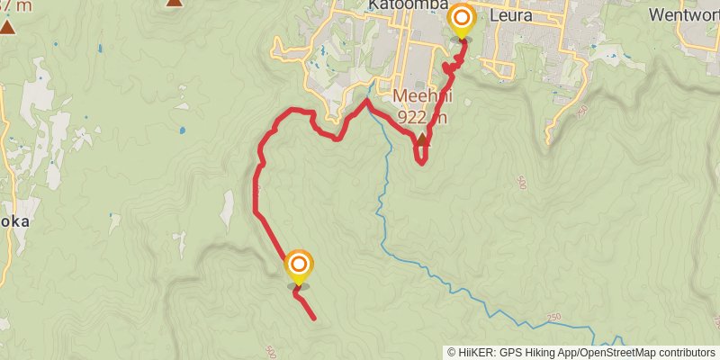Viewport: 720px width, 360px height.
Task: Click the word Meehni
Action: tap(420, 97)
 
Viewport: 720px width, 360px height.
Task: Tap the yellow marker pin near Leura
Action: tap(462, 21)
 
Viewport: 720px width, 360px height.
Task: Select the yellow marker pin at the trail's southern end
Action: tap(299, 267)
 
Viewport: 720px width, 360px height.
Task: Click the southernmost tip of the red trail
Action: tap(313, 319)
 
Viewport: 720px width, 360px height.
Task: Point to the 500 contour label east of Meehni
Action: tap(523, 183)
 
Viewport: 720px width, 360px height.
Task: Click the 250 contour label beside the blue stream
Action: tap(553, 320)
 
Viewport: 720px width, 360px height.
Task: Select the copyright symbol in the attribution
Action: tap(452, 352)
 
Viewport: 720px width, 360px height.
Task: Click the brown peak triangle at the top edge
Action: tap(174, 3)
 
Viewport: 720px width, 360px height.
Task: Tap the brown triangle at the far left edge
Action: tap(7, 27)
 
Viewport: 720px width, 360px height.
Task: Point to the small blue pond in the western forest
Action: tap(182, 130)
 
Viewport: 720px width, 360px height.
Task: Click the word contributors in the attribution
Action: tap(686, 352)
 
